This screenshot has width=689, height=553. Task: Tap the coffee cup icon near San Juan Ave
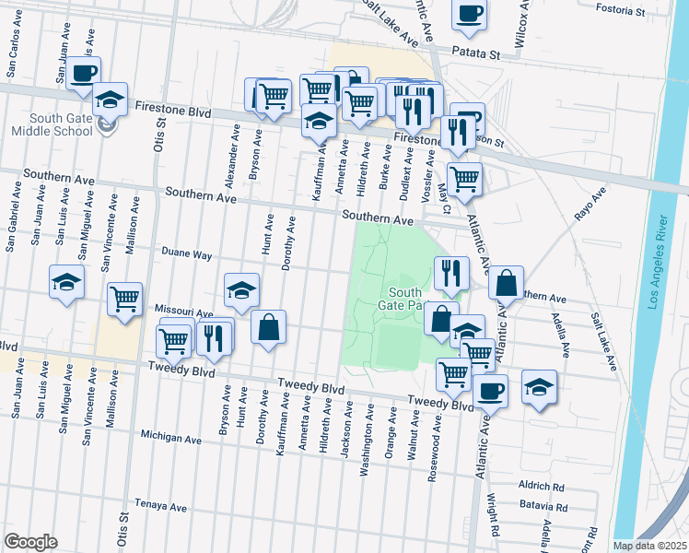pyautogui.click(x=83, y=73)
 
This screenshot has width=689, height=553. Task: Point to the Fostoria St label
pyautogui.click(x=621, y=11)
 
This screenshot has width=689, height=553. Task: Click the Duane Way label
pyautogui.click(x=187, y=253)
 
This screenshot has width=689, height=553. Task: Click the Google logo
pyautogui.click(x=30, y=541)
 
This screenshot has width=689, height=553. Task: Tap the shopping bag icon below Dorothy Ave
pyautogui.click(x=268, y=327)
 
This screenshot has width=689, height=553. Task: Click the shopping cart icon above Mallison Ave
pyautogui.click(x=123, y=299)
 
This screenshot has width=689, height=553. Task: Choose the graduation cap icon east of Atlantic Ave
pyautogui.click(x=539, y=386)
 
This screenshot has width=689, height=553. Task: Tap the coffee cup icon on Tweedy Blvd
pyautogui.click(x=491, y=390)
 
